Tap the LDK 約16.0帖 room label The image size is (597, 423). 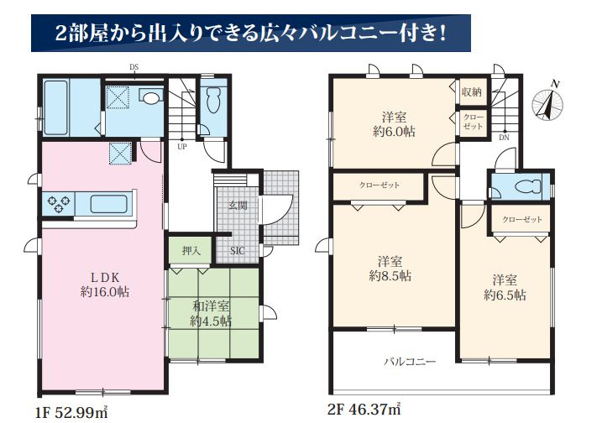pos(104,285)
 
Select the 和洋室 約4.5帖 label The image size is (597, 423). pos(210,314)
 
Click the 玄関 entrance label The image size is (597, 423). pos(237,206)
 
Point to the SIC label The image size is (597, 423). pos(238,249)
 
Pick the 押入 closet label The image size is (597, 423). pos(191,249)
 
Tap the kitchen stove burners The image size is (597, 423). pos(58,203)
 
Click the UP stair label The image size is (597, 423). pos(181,146)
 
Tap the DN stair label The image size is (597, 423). pos(503,137)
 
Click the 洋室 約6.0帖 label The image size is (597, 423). pos(394,124)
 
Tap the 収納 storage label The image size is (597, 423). pos(471,91)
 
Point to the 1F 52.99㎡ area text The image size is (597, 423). pos(71,412)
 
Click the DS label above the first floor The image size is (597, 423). pos(134,67)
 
